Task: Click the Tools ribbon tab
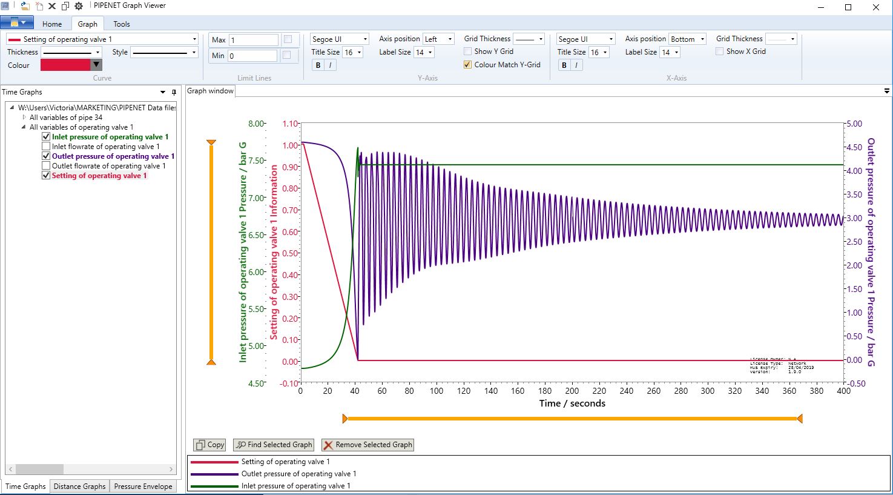121,24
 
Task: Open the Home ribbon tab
52,24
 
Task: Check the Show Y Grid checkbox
468,51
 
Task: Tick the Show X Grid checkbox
720,51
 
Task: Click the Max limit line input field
252,40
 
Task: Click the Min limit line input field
252,56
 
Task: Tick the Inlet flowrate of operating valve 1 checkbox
46,147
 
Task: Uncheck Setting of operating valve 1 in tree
46,176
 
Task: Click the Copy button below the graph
209,445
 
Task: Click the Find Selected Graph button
274,445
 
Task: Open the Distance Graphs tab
79,487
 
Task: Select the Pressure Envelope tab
143,487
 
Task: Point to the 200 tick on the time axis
572,391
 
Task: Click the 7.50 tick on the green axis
257,161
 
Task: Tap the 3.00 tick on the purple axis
854,218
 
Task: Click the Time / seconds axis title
572,404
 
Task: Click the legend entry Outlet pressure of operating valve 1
298,474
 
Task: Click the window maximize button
848,7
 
